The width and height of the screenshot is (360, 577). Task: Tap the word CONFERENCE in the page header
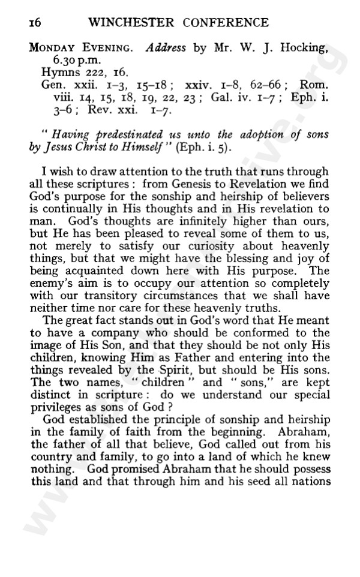pyautogui.click(x=222, y=23)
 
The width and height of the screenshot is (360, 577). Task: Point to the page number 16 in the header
pyautogui.click(x=34, y=23)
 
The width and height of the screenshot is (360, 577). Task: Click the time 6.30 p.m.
pyautogui.click(x=64, y=61)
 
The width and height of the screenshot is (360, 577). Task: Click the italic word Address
pyautogui.click(x=166, y=49)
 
